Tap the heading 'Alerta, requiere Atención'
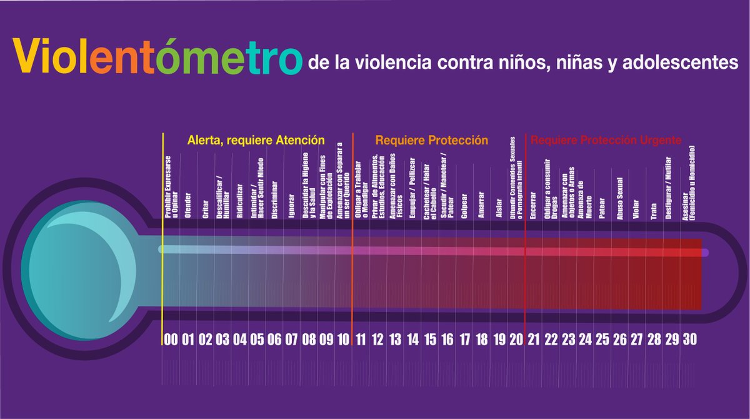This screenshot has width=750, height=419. pos(256,141)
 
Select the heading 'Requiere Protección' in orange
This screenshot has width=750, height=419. pos(431,141)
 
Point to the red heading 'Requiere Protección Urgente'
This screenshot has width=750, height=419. pos(606,141)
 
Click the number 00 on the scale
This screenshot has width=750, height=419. pos(171,340)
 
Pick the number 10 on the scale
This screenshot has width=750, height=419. pos(343,340)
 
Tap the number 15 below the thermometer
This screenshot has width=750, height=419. pos(430,340)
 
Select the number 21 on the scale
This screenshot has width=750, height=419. pos(533,340)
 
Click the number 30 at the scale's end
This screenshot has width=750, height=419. pos(689,340)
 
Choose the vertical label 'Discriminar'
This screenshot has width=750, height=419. pos(274,201)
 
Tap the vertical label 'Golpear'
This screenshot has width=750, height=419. pos(464,207)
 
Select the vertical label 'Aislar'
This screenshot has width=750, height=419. pos(498,209)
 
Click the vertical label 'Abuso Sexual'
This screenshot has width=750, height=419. pos(619,199)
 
